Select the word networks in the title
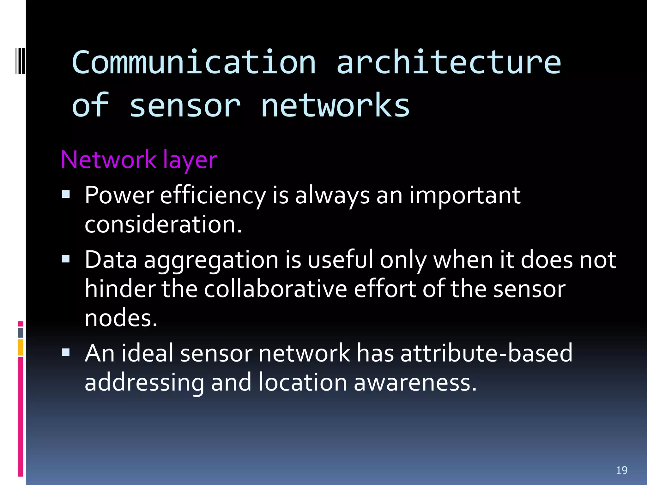click(x=335, y=106)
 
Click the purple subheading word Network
click(x=108, y=160)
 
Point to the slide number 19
click(x=622, y=470)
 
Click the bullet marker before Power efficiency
click(x=66, y=194)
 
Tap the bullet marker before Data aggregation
click(x=66, y=259)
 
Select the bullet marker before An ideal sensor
click(x=66, y=352)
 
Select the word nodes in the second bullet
click(x=121, y=318)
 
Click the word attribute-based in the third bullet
click(x=486, y=353)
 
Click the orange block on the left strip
click(x=21, y=347)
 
